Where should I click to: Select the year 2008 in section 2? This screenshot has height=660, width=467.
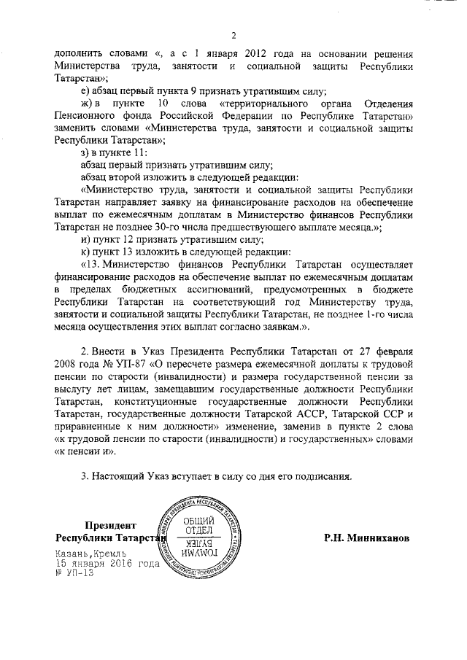tap(69, 363)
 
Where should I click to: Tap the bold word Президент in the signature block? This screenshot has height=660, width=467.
tap(110, 524)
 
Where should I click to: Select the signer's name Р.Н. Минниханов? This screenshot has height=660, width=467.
tap(367, 537)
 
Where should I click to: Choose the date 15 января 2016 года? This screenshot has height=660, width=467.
tap(107, 564)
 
